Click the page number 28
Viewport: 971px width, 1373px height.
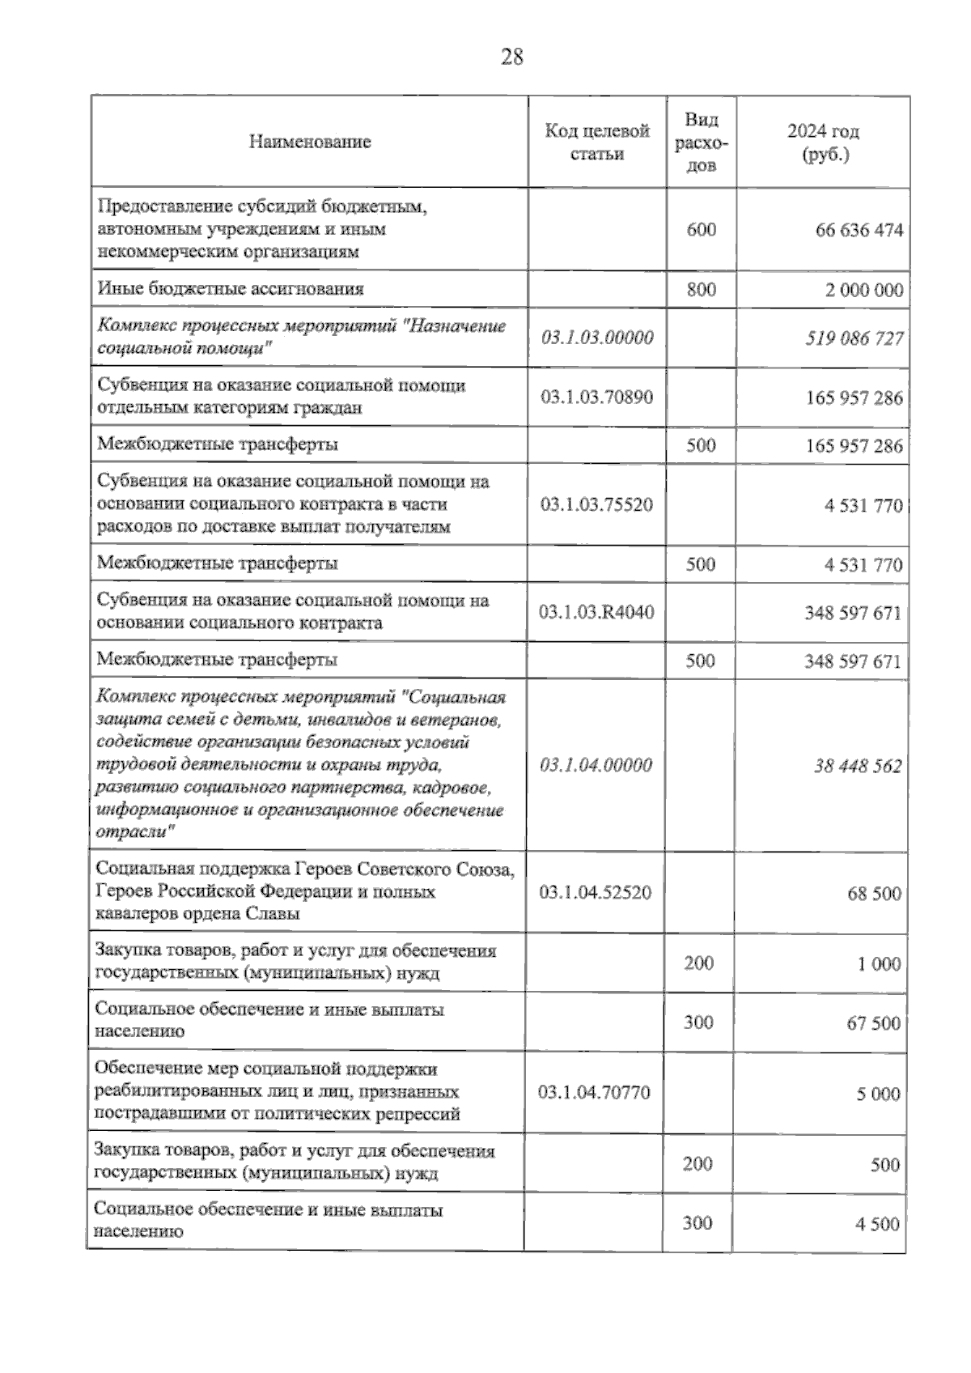click(512, 57)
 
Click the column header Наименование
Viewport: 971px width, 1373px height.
click(310, 142)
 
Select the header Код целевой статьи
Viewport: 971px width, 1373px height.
click(597, 142)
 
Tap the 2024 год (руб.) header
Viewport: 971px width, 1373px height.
click(824, 142)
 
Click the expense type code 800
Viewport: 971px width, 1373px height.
click(701, 289)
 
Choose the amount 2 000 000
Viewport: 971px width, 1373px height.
click(864, 291)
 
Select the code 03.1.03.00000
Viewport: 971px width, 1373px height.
click(597, 338)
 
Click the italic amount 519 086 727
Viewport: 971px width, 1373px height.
click(854, 338)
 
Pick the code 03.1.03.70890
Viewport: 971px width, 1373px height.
click(597, 397)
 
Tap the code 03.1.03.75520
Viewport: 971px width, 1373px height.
click(597, 504)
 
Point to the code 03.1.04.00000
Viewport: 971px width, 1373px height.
click(596, 765)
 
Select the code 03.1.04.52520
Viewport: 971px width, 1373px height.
click(596, 892)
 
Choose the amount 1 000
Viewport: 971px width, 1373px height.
click(879, 964)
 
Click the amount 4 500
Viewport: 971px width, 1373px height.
click(877, 1224)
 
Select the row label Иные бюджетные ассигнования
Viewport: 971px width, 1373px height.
click(231, 289)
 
